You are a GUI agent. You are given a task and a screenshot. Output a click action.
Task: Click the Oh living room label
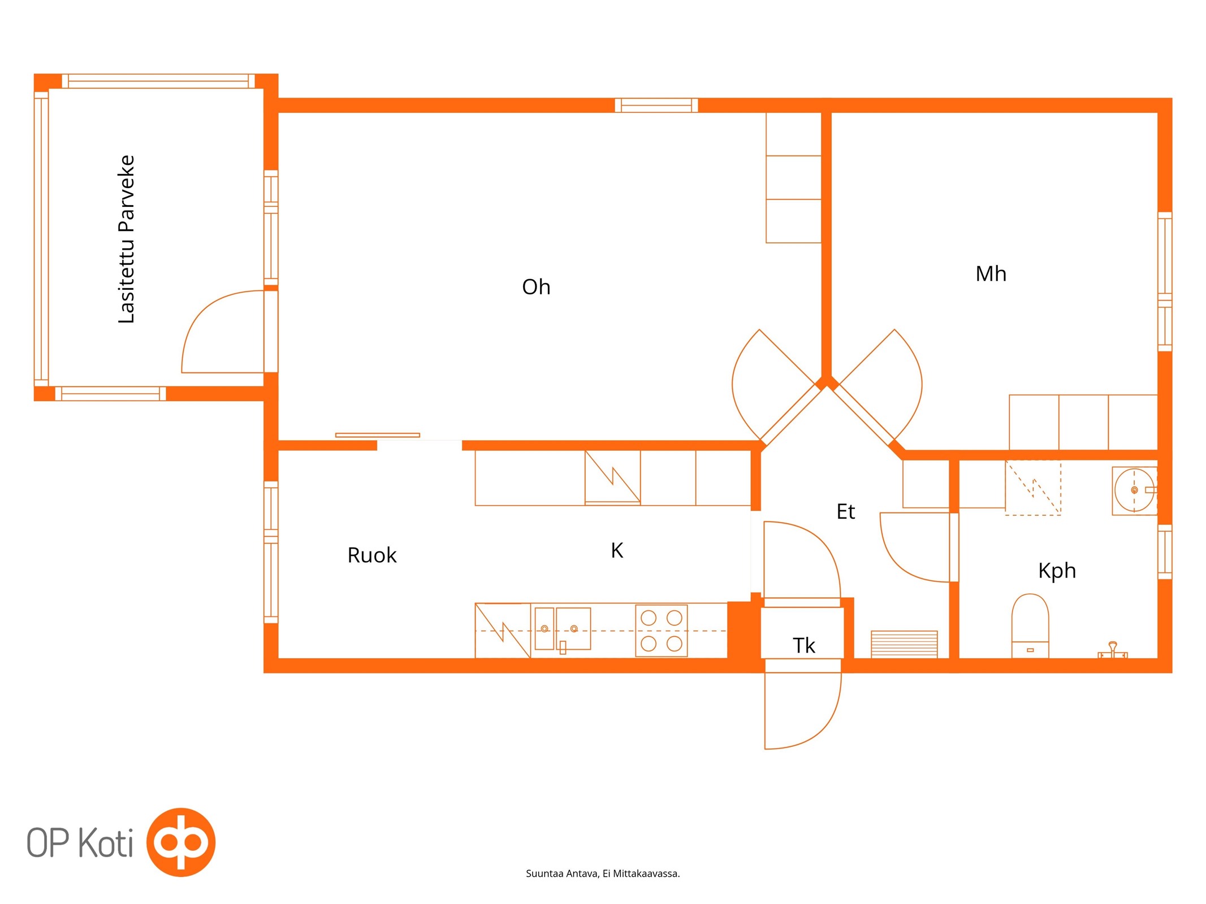point(535,287)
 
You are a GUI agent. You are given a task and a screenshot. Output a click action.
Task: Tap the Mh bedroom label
point(991,273)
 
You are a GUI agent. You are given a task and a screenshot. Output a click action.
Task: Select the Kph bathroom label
point(1057,571)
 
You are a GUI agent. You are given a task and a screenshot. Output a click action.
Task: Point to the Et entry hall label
point(845,511)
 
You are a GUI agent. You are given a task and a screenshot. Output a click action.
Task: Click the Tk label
point(803,645)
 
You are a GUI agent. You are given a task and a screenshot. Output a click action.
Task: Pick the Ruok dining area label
point(372,555)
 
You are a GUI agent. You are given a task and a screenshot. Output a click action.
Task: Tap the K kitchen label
point(617,550)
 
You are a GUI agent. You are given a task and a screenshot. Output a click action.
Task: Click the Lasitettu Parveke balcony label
point(126,239)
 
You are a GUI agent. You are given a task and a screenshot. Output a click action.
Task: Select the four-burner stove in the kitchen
point(661,631)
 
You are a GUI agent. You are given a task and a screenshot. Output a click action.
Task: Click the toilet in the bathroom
point(1030,626)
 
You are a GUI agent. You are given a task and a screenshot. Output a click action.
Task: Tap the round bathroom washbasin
point(1134,490)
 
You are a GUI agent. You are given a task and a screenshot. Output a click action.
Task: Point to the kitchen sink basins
point(563,629)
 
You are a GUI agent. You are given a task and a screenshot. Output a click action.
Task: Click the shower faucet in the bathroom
point(1112,650)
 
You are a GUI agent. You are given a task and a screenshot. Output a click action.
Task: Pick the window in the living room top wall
point(656,105)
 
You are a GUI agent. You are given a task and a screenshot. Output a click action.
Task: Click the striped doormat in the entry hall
point(904,644)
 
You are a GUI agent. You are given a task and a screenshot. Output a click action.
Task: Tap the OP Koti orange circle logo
point(181,842)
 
